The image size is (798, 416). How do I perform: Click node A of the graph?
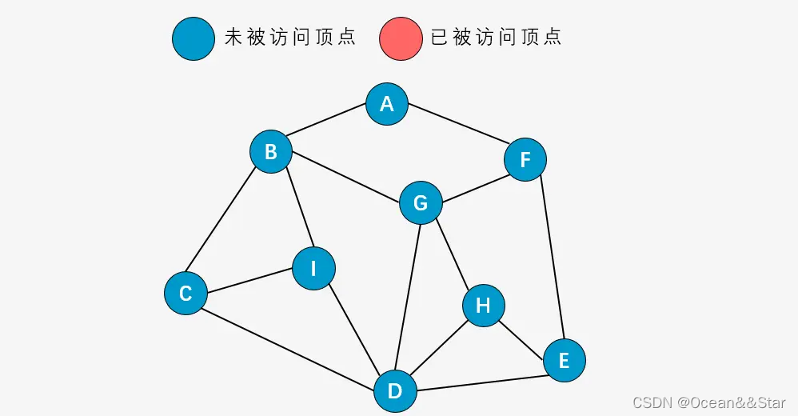pyautogui.click(x=387, y=104)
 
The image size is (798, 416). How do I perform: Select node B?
pyautogui.click(x=271, y=151)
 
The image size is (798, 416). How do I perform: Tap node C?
pyautogui.click(x=186, y=293)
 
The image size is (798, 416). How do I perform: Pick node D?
pyautogui.click(x=395, y=391)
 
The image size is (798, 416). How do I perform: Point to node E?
pyautogui.click(x=564, y=361)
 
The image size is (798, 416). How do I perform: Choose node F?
pyautogui.click(x=525, y=159)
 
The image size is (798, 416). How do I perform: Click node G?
pyautogui.click(x=421, y=203)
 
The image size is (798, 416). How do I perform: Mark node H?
pyautogui.click(x=483, y=305)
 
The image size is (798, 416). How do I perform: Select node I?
pyautogui.click(x=313, y=269)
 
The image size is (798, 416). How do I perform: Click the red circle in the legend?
pyautogui.click(x=401, y=38)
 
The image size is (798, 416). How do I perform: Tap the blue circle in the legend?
pyautogui.click(x=194, y=38)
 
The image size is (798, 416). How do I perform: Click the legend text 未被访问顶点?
pyautogui.click(x=289, y=38)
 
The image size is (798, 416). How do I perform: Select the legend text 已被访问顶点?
pyautogui.click(x=496, y=38)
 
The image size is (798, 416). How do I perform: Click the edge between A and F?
pyautogui.click(x=457, y=132)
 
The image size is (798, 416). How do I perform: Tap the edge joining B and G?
pyautogui.click(x=345, y=177)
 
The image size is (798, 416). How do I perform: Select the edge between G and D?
pyautogui.click(x=408, y=296)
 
